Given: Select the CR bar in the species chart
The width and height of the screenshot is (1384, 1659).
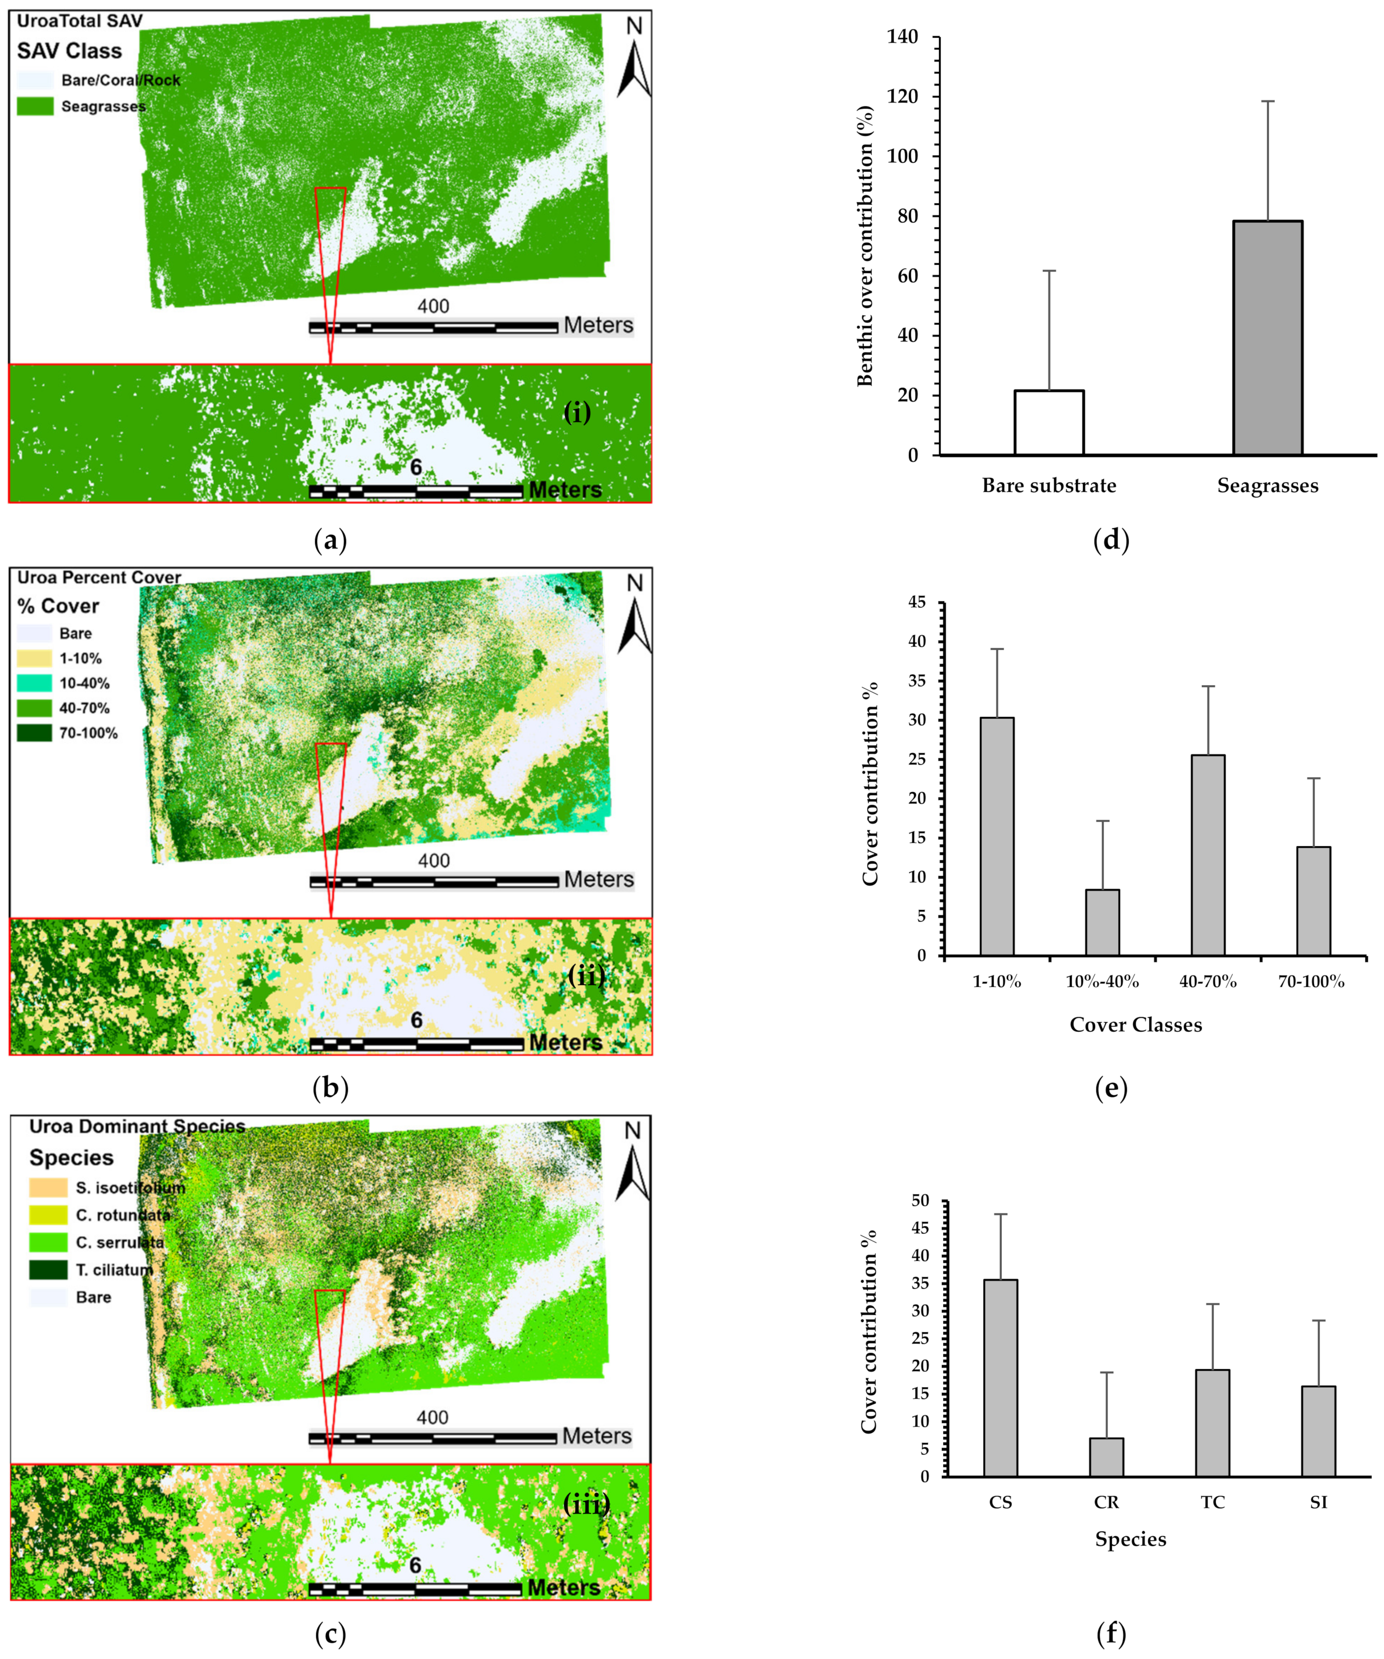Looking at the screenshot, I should tap(1106, 1456).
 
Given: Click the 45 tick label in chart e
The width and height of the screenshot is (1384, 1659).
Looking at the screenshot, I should tap(916, 602).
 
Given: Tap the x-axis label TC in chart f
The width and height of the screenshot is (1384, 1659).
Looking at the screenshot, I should tap(1212, 1502).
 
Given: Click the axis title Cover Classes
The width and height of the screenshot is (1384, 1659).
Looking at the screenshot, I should tap(1135, 1024).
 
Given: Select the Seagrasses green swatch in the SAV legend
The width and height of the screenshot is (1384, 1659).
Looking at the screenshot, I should tap(35, 106).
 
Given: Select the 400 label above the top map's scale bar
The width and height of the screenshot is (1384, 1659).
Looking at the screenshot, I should tap(433, 306).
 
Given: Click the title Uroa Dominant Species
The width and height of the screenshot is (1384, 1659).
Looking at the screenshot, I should tap(137, 1126).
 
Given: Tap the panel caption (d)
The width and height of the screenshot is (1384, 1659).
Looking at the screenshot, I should tap(1110, 540).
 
